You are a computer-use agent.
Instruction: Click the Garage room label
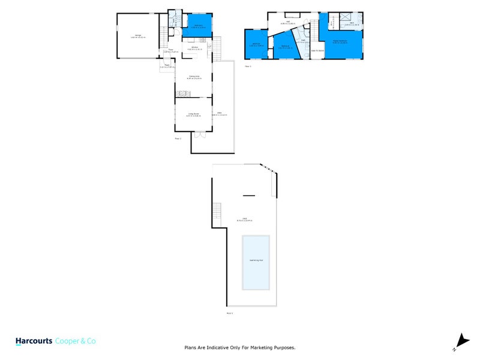pyautogui.click(x=138, y=37)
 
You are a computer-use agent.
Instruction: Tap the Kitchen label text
pyautogui.click(x=194, y=47)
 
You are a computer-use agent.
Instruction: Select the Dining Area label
pyautogui.click(x=194, y=77)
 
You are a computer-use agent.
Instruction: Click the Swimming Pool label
pyautogui.click(x=256, y=260)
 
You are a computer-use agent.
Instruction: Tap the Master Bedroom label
pyautogui.click(x=342, y=42)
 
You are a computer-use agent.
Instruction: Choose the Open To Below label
pyautogui.click(x=317, y=50)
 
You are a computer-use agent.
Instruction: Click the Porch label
pyautogui.click(x=166, y=67)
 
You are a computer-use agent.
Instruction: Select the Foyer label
pyautogui.click(x=170, y=50)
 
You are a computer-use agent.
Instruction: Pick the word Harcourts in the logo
pyautogui.click(x=34, y=340)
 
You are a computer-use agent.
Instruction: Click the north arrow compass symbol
pyautogui.click(x=461, y=341)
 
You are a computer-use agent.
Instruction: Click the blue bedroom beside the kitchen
pyautogui.click(x=197, y=26)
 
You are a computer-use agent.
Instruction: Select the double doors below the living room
pyautogui.click(x=200, y=134)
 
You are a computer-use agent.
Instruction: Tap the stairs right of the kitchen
pyautogui.click(x=218, y=44)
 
